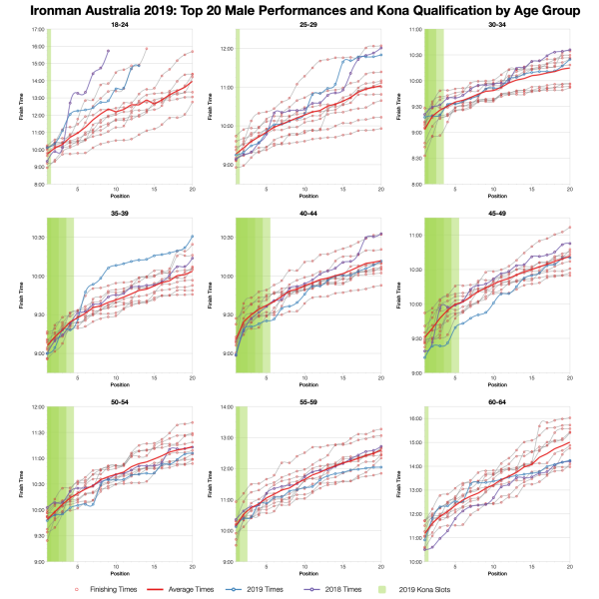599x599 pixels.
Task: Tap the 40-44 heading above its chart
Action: coord(306,213)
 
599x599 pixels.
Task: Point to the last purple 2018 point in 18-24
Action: coord(110,50)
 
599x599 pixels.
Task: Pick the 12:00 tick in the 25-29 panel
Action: coord(227,49)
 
